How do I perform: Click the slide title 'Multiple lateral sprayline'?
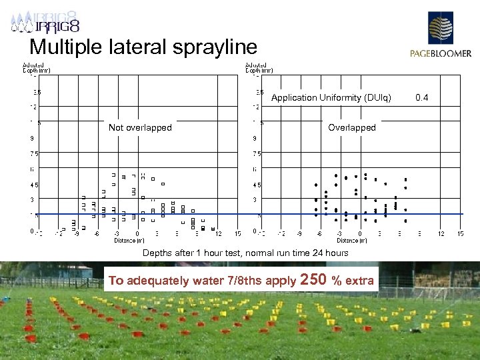click(x=143, y=47)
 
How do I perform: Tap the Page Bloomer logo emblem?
click(x=440, y=29)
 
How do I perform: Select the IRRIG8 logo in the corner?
click(x=45, y=22)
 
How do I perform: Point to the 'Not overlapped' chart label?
click(x=140, y=127)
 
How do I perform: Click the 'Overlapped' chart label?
click(x=352, y=127)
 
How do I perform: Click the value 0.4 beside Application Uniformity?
click(x=422, y=98)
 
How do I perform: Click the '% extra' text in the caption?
click(x=354, y=281)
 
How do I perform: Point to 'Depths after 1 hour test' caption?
click(x=193, y=253)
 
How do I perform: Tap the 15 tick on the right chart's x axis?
click(x=461, y=234)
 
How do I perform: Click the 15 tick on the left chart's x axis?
click(x=238, y=234)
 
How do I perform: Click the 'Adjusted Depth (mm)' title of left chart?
click(x=37, y=67)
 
